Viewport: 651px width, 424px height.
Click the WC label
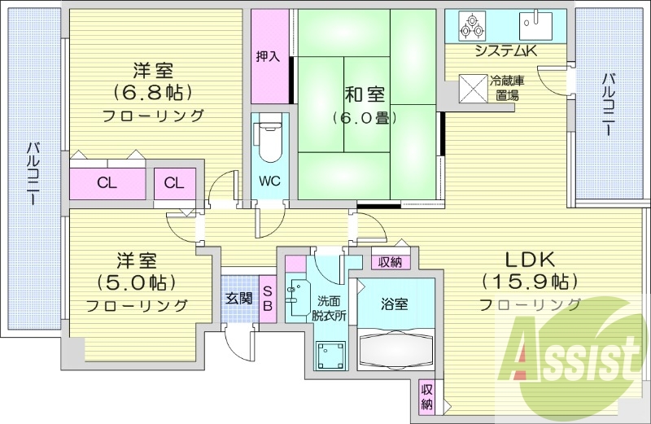tap(269, 181)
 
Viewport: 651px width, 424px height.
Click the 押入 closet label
tap(268, 56)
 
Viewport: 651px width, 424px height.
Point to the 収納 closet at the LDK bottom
tap(427, 396)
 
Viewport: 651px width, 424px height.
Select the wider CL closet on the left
tap(107, 182)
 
